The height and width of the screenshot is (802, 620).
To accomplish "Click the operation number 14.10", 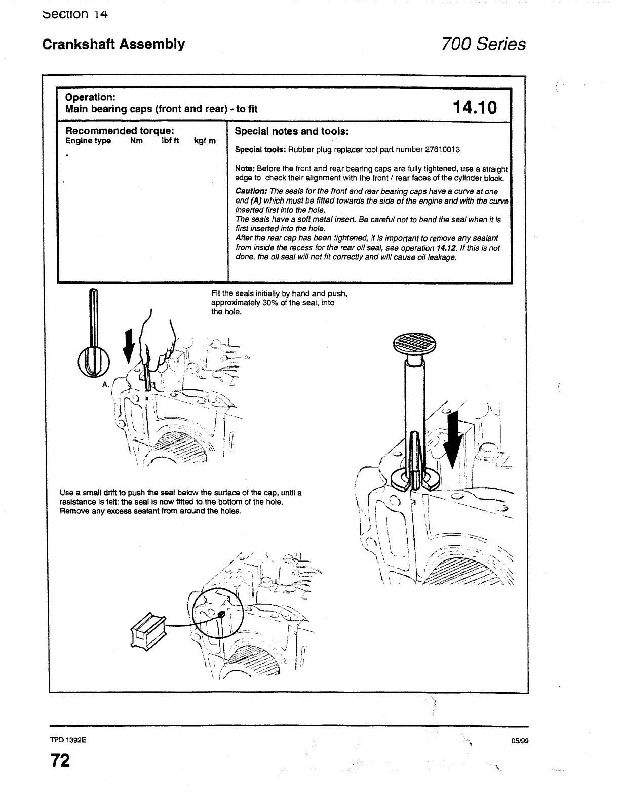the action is click(x=475, y=107).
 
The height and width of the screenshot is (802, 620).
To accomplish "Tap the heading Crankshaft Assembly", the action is click(x=113, y=44).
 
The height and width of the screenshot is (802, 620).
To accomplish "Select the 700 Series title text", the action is click(x=483, y=44).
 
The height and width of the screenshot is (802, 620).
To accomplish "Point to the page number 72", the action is click(x=59, y=760).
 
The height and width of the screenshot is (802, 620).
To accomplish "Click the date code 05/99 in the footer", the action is click(x=520, y=741).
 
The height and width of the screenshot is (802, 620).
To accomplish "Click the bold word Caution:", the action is click(x=251, y=191).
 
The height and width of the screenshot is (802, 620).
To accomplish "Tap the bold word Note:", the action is click(x=245, y=169).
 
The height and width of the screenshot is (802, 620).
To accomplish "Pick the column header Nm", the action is click(x=136, y=141).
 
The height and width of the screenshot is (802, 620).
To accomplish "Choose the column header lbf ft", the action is click(x=170, y=141).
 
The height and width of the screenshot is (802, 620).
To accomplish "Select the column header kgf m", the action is click(x=205, y=141).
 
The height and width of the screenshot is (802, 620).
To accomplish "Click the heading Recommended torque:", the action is click(x=120, y=131).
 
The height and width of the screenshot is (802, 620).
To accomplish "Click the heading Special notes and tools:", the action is click(x=291, y=131).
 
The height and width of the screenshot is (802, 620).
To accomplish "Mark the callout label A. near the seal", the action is click(x=105, y=384).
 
